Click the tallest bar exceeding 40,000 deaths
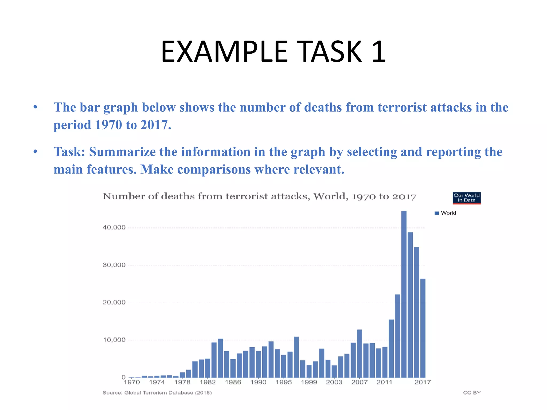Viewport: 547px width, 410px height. (x=404, y=294)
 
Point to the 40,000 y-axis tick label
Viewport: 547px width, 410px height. (x=114, y=227)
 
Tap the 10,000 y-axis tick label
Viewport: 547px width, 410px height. (x=114, y=340)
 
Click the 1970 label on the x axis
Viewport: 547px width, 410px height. (x=132, y=382)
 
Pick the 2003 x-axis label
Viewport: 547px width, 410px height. (x=334, y=382)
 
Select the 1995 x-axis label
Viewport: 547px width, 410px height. (x=284, y=382)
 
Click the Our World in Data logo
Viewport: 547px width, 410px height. (x=466, y=198)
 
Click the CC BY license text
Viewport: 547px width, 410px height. (x=472, y=393)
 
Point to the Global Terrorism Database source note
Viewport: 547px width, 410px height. (x=157, y=393)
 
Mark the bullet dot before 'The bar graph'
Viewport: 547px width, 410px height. (x=35, y=108)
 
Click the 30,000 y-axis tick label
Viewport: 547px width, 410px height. (x=114, y=265)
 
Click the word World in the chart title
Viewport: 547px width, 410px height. (x=331, y=196)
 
